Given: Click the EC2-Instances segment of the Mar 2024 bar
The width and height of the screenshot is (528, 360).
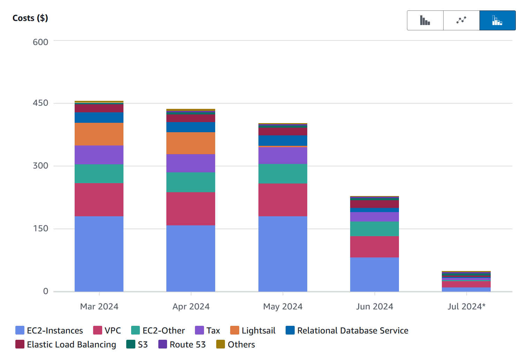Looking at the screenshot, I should tap(99, 254).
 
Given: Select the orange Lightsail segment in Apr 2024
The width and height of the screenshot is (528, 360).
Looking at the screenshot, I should tap(191, 143).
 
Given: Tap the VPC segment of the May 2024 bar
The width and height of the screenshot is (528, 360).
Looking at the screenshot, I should tap(283, 200).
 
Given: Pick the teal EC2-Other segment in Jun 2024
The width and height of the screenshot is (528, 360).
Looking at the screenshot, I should tap(375, 229).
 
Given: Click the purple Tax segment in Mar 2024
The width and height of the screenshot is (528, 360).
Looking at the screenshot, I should tap(99, 155).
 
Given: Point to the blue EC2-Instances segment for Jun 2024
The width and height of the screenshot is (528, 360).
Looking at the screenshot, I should tap(375, 274).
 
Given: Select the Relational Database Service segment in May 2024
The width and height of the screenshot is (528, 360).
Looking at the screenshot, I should tap(283, 140).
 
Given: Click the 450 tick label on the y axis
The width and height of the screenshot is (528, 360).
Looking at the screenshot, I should tap(40, 103).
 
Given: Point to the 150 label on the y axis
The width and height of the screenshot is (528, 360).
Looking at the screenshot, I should tap(40, 229).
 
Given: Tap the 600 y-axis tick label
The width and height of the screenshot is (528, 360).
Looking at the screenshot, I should tap(40, 42).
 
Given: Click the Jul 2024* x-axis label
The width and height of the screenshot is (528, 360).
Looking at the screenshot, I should tap(466, 307).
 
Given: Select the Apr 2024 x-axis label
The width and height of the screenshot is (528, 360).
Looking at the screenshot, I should tap(191, 307).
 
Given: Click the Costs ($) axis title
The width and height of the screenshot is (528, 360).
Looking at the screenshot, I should tap(30, 18).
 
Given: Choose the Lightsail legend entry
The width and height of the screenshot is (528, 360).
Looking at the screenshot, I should tap(253, 330).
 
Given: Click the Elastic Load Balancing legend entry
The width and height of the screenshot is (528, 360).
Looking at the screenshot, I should tap(66, 345).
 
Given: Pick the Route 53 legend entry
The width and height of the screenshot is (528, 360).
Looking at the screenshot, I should tap(182, 345).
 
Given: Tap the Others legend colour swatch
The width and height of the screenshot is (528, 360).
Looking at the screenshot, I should tap(220, 345).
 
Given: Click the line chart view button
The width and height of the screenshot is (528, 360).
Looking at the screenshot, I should tap(461, 20).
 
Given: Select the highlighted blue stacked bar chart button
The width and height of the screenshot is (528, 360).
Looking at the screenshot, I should tap(497, 20).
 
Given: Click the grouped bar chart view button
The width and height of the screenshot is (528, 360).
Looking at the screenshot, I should tap(425, 20).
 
